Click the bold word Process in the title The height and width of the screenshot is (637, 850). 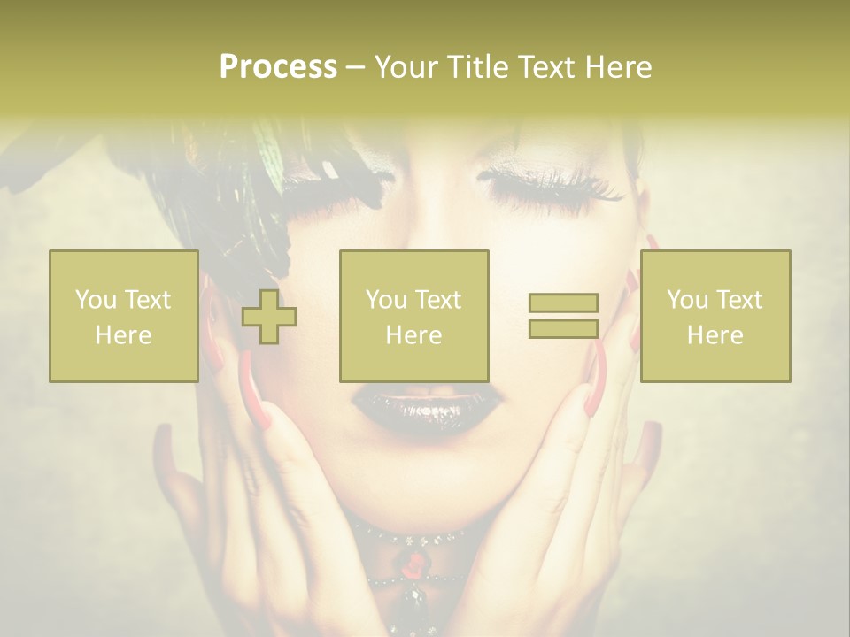pos(278,67)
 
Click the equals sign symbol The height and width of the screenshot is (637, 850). pos(563,316)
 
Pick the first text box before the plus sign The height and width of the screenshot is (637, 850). pos(124,317)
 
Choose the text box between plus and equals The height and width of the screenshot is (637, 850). pos(413,317)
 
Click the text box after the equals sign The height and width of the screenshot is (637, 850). pos(715,317)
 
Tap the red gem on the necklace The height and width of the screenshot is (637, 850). pos(412,564)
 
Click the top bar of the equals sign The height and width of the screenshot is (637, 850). pos(563,303)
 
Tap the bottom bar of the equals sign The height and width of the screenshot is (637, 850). pos(563,328)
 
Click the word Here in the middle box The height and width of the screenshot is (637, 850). pos(413,335)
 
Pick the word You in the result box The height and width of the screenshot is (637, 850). pos(686,300)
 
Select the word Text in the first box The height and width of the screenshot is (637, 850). pos(147,300)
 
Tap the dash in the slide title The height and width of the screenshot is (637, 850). pos(355,67)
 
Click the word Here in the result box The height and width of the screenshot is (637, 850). pos(715,335)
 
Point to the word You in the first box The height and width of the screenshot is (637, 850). pos(95,300)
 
